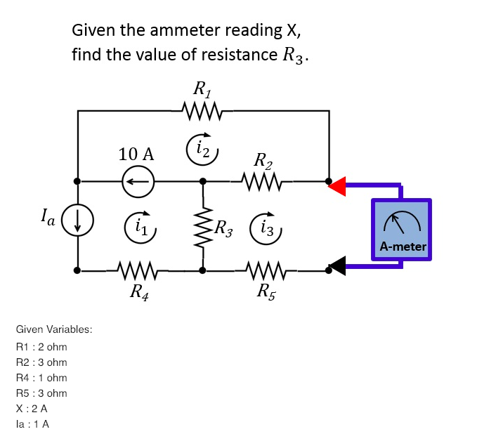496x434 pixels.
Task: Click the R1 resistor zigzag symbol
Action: (202, 110)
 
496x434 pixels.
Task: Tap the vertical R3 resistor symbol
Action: (204, 225)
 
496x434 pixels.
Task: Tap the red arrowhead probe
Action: (338, 186)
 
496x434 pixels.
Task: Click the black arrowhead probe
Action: (338, 265)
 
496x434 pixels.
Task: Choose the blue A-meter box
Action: (401, 230)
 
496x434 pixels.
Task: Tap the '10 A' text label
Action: (136, 154)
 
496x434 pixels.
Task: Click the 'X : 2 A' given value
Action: (32, 408)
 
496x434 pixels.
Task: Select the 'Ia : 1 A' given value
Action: (32, 423)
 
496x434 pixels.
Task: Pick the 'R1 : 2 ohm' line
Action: (41, 346)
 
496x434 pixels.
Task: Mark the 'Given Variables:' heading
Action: (54, 329)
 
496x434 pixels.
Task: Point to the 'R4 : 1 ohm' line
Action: (41, 378)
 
